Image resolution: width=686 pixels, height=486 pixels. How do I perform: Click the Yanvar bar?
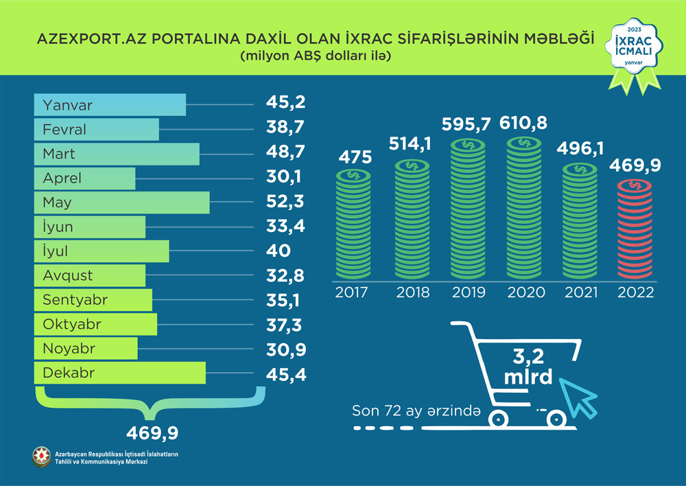[x=110, y=106]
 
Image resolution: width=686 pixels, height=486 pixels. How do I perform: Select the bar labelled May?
[x=121, y=203]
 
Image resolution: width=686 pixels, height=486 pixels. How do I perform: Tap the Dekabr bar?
[x=120, y=373]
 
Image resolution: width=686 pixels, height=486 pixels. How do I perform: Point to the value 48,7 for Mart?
[x=285, y=152]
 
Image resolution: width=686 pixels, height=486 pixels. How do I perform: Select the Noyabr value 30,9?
[x=285, y=349]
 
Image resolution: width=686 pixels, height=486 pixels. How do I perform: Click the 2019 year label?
[x=469, y=292]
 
